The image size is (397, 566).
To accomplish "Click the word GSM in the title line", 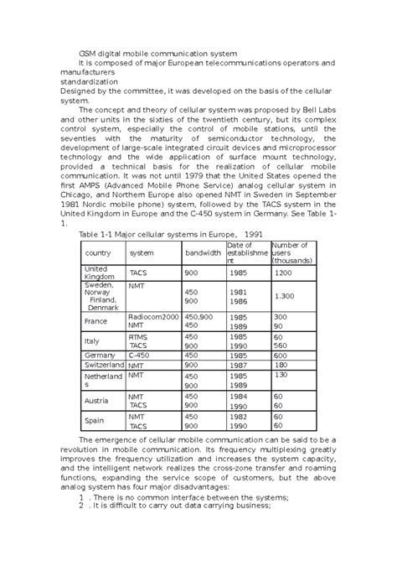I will point(88,53).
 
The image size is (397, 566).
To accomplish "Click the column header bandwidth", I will point(203,252).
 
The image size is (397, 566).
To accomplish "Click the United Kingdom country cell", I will point(97,273).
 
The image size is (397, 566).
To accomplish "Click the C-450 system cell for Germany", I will point(141,356).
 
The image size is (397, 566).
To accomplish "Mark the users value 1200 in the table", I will point(282,273).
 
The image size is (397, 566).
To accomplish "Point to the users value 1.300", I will point(285,297).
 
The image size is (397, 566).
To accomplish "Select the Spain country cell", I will point(95,421).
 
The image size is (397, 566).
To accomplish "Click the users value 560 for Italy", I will point(279,345).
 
